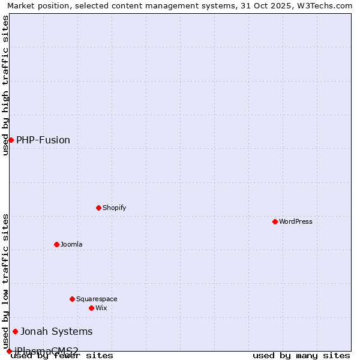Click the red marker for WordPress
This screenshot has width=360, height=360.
(275, 221)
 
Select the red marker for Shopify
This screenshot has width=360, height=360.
(98, 208)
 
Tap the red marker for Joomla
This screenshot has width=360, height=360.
(56, 244)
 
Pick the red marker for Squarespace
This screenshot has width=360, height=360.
(72, 299)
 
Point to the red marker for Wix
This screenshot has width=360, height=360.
(91, 308)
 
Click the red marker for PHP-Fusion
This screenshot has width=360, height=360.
(11, 140)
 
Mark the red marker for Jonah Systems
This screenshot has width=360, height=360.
(15, 331)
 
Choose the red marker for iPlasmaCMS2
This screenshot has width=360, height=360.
(9, 351)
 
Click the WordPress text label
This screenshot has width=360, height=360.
(296, 221)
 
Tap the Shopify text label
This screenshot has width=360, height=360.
(115, 208)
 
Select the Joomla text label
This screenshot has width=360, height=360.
(71, 244)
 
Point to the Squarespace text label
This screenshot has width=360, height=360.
(97, 299)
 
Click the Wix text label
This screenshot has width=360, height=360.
(101, 308)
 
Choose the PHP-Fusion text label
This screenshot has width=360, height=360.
(43, 140)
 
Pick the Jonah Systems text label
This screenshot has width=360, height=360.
(56, 331)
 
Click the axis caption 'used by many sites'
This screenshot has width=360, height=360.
(301, 355)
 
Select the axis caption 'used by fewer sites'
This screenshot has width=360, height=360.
(62, 355)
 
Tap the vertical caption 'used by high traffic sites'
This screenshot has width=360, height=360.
(5, 85)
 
